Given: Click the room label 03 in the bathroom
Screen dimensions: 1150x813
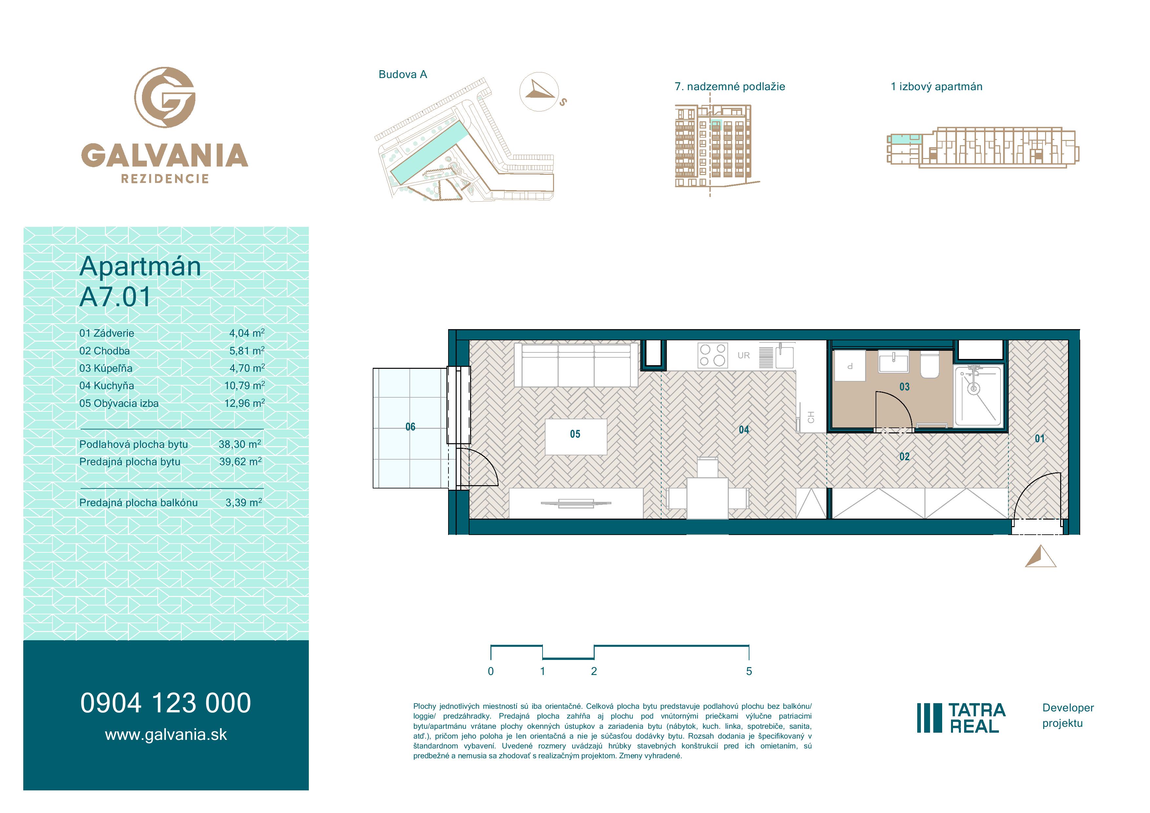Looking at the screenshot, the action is pyautogui.click(x=904, y=387).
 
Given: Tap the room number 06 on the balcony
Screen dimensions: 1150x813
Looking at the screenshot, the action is pyautogui.click(x=410, y=427).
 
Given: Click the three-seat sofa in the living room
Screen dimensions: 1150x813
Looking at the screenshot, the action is pyautogui.click(x=576, y=365).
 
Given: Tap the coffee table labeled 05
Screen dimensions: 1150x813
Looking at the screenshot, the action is pyautogui.click(x=576, y=436).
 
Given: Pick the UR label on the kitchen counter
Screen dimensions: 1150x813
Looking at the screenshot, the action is pyautogui.click(x=744, y=355).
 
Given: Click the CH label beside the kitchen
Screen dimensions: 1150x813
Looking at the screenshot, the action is pyautogui.click(x=811, y=417).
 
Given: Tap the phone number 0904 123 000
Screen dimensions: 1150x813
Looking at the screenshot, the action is pyautogui.click(x=166, y=703).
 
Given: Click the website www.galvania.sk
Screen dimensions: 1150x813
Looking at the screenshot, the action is pyautogui.click(x=166, y=735).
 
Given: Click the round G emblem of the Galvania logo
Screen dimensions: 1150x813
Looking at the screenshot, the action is pyautogui.click(x=165, y=97).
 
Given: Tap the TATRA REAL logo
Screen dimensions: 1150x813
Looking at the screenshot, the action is pyautogui.click(x=961, y=718).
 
